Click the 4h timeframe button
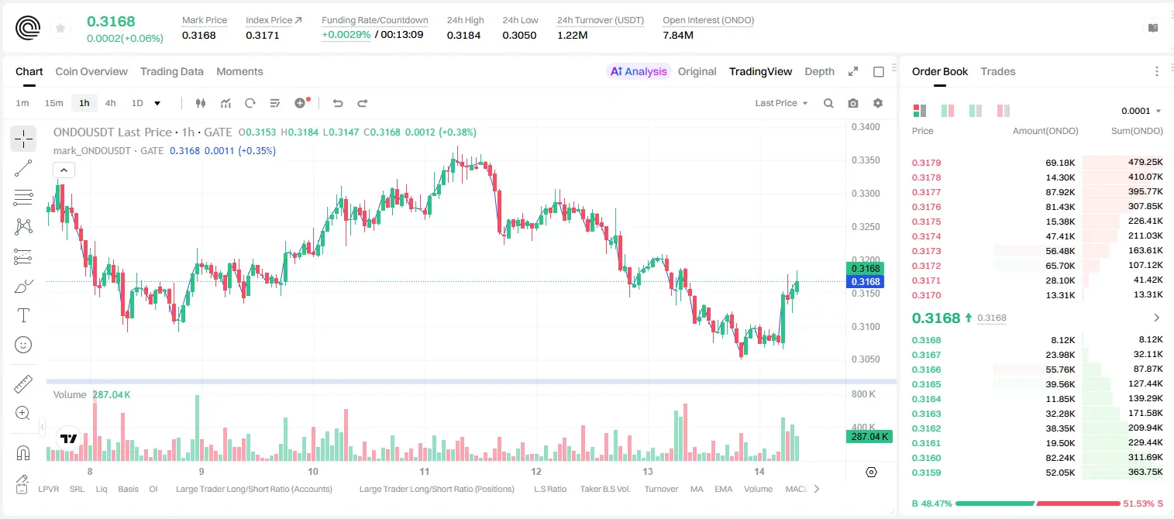tap(110, 103)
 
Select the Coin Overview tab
tap(91, 71)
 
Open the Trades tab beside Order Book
tap(998, 71)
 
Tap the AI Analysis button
tap(639, 71)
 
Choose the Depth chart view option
tap(819, 71)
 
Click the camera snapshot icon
tap(853, 103)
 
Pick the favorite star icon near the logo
tap(60, 28)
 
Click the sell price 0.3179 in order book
tap(926, 163)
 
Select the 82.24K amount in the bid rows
tap(1060, 458)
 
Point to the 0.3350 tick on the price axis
tap(866, 160)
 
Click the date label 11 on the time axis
tap(424, 471)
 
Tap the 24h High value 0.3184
tap(463, 35)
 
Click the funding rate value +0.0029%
tap(346, 35)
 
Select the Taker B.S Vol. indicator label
tap(604, 489)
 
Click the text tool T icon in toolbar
tap(23, 315)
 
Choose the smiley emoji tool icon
tap(23, 345)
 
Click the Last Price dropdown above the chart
tap(781, 103)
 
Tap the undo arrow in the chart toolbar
tap(338, 103)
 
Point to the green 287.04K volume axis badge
tap(869, 436)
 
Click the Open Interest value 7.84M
tap(678, 35)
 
